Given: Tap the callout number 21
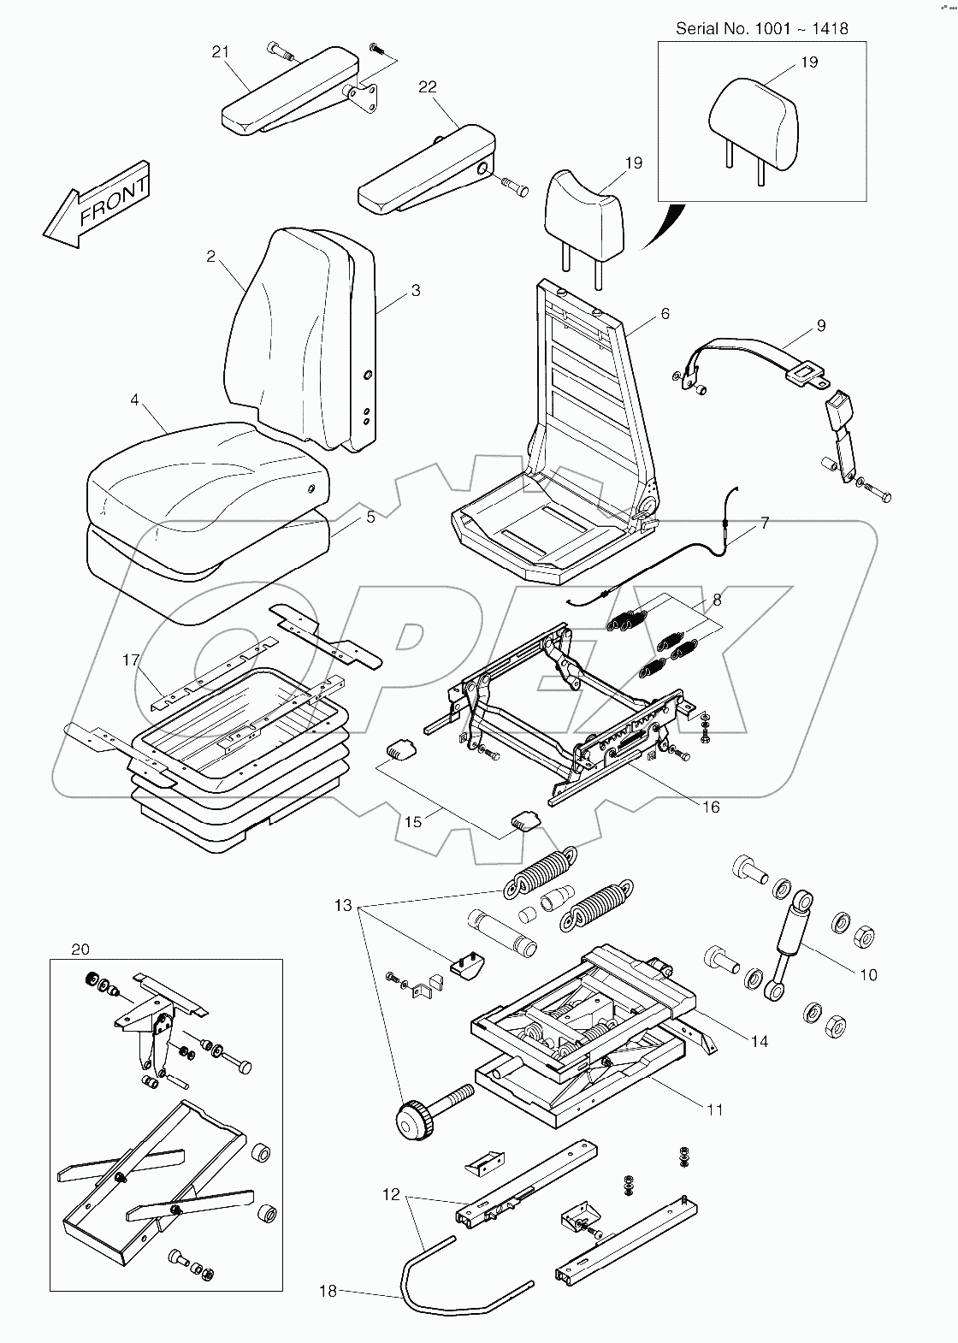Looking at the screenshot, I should coord(222,53).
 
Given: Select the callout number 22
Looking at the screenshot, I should coord(428,87).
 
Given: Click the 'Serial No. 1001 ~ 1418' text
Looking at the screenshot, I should coord(761,29).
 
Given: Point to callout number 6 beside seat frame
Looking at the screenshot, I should coord(665,314).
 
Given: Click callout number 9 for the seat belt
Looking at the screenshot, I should coord(820,325).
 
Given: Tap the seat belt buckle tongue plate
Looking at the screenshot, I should coord(805,372).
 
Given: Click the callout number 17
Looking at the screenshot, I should coord(131,660).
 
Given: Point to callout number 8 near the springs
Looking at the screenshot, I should coord(717,601).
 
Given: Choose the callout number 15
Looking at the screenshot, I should coord(413,822).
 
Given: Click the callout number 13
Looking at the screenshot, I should coord(343,905).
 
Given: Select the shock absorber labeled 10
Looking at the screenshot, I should coord(791,945).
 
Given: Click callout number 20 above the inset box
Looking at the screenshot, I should coord(80,950).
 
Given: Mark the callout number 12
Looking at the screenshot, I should coord(391,1194).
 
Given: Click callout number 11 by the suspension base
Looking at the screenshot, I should coord(715,1109).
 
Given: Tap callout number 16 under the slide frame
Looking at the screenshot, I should coord(711,807).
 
